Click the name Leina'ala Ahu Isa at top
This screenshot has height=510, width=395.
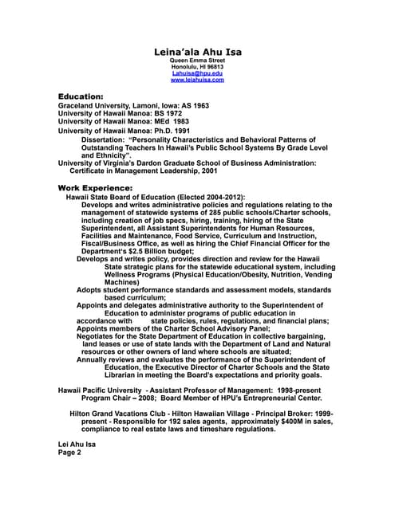[198, 53]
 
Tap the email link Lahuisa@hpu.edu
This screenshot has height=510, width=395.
[197, 73]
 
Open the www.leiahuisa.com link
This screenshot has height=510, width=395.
[197, 80]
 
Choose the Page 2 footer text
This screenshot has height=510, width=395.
[70, 452]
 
